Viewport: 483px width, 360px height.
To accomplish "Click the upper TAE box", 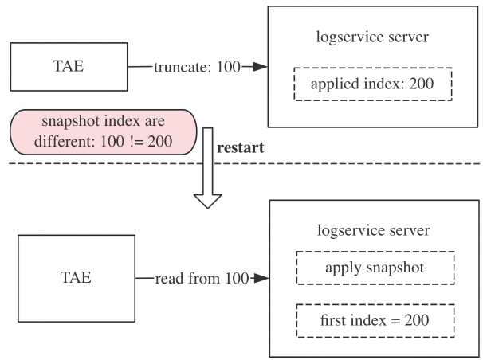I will click(69, 67).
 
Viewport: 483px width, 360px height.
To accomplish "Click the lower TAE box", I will click(76, 277).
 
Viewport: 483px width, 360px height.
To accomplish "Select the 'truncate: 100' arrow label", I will click(196, 67).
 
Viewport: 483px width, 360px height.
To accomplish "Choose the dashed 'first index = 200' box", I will click(375, 320).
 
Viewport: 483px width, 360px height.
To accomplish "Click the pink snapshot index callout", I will click(103, 131).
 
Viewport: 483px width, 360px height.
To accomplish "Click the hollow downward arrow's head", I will click(207, 198).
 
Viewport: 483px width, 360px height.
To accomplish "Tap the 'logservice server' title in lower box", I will click(374, 230).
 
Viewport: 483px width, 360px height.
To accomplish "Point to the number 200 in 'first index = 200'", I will click(416, 320).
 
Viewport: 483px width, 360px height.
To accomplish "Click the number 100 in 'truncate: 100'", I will click(228, 67).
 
